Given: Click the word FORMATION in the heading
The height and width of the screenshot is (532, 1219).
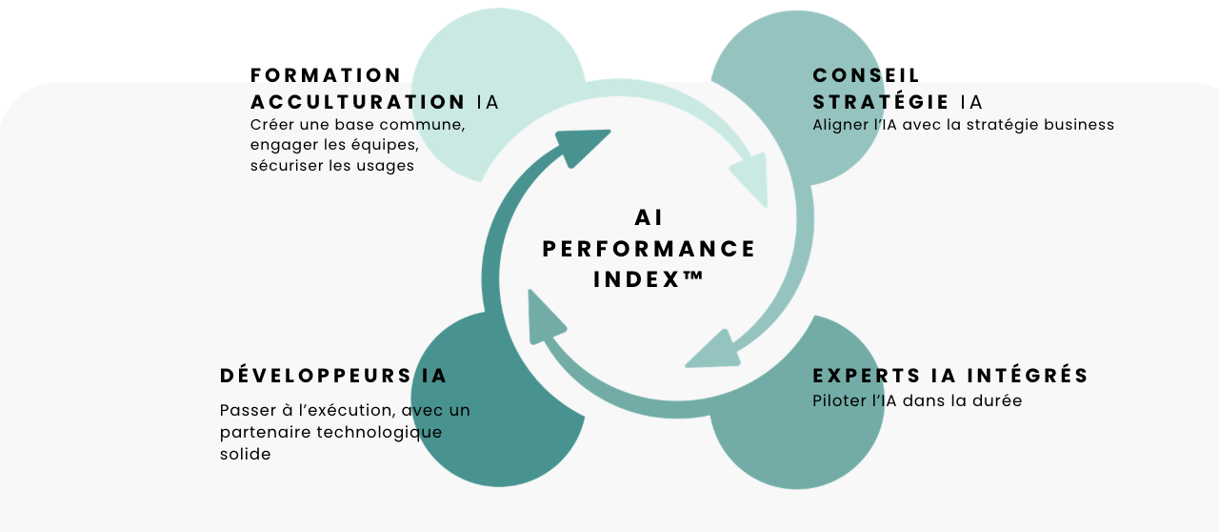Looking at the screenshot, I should click(326, 75).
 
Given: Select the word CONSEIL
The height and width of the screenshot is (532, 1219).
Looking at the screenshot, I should click(867, 75).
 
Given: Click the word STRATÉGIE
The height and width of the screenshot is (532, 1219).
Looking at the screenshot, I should click(881, 102).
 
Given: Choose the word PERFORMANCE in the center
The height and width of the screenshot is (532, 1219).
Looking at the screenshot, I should click(649, 250).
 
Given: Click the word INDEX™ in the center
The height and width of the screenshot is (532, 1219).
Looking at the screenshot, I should click(649, 280).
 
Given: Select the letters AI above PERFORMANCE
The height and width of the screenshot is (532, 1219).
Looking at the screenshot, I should click(649, 218).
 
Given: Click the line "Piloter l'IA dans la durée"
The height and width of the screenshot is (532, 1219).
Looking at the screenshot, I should click(917, 401).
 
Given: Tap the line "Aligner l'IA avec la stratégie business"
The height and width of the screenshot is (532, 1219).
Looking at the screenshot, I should click(963, 125).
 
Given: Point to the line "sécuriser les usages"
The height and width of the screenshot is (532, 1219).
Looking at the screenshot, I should click(332, 165).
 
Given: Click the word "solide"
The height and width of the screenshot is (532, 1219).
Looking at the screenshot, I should click(246, 455).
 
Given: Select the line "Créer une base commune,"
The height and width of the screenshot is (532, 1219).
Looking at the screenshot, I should click(357, 125).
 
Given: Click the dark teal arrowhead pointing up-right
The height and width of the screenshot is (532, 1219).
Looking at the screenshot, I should click(583, 145).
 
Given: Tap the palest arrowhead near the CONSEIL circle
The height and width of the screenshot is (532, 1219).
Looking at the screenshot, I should click(751, 179).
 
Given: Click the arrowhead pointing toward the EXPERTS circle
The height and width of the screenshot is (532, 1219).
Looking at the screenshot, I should click(714, 351).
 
